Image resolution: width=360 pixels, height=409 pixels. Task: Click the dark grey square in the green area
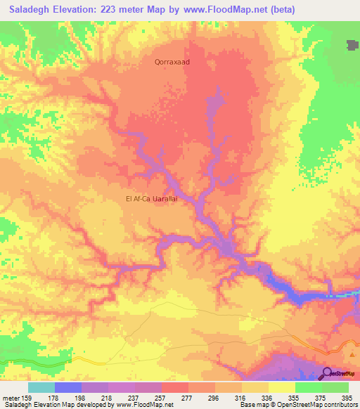click(x=352, y=46)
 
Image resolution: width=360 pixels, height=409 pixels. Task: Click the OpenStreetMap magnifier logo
click(x=327, y=374)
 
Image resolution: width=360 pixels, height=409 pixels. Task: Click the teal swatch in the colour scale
click(x=41, y=387)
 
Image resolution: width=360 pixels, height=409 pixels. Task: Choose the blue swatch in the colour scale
click(x=68, y=387)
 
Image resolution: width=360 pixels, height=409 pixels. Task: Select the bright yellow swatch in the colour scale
click(x=281, y=387)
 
